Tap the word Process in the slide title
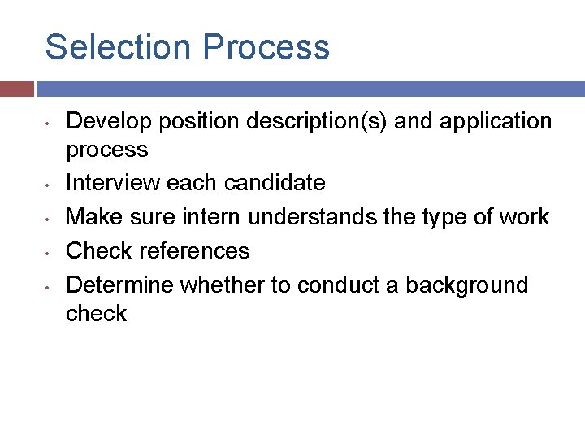click(266, 47)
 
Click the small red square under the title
click(17, 89)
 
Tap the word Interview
click(114, 183)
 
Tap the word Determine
click(119, 285)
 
